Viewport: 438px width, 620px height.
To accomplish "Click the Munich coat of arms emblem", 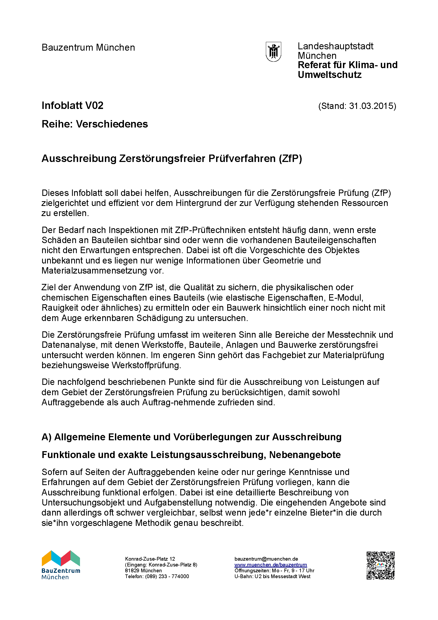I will (274, 52).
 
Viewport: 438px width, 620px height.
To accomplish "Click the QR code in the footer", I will (380, 565).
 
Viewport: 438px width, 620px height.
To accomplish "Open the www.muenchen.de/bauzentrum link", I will (271, 565).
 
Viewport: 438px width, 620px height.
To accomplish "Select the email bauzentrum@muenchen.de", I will (266, 559).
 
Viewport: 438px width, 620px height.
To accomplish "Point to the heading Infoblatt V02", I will (73, 105).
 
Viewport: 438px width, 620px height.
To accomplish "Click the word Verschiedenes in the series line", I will (112, 124).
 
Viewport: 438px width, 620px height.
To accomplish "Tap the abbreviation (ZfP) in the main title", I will (290, 159).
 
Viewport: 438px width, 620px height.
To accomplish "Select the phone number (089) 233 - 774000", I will (167, 576).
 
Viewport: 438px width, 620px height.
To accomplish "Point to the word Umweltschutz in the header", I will (329, 75).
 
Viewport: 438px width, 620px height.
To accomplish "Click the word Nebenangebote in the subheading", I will (305, 455).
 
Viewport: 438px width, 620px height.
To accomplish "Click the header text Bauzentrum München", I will (88, 47).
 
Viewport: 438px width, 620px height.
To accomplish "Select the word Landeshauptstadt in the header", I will (336, 46).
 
